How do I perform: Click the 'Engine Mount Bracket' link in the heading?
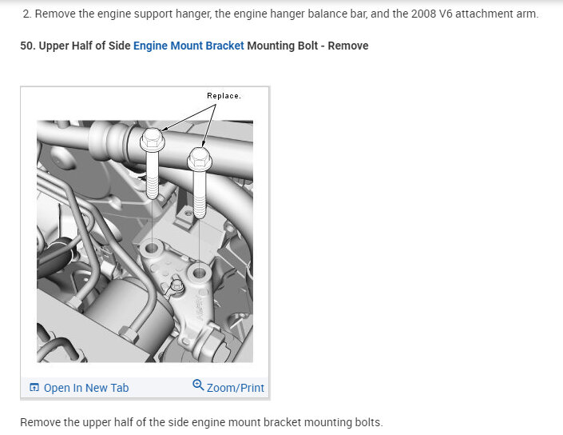point(188,46)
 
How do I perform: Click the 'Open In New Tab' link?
point(86,388)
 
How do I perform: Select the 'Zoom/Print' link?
point(236,388)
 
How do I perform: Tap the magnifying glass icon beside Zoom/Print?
point(198,385)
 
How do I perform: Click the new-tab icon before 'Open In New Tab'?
point(34,387)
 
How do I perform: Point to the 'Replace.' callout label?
point(224,96)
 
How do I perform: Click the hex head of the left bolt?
point(153,139)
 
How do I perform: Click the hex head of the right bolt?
point(200,158)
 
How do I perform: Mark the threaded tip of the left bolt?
point(153,195)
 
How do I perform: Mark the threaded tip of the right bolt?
point(200,214)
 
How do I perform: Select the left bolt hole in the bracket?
point(152,248)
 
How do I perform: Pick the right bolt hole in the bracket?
point(200,273)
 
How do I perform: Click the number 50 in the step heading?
point(26,46)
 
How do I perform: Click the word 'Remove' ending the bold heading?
point(348,46)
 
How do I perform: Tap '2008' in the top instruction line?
point(424,14)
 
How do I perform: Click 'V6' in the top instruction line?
point(446,14)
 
